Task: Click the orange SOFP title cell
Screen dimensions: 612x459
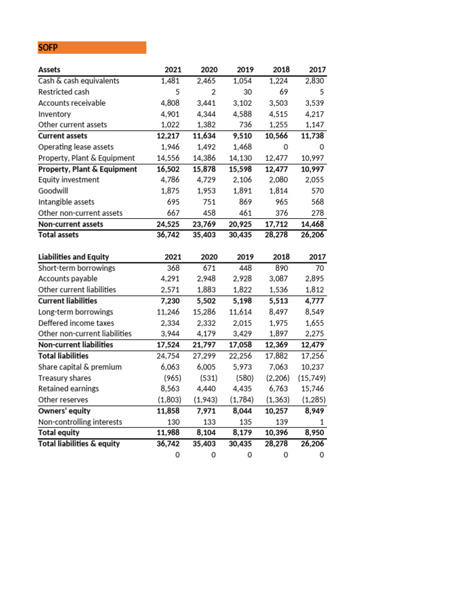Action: pos(91,47)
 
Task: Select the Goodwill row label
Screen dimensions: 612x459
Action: pos(54,191)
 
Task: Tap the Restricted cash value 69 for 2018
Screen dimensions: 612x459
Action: pos(284,91)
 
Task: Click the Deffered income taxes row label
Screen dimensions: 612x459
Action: pos(76,323)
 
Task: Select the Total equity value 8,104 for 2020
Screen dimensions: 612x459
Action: pos(206,433)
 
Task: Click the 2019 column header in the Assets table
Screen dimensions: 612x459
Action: pos(245,69)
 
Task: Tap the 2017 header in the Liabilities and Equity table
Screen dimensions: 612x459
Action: pos(317,257)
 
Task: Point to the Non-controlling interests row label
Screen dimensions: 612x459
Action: pos(79,422)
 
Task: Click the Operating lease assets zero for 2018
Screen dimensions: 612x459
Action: pos(287,146)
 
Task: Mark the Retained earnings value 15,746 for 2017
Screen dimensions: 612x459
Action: pos(313,389)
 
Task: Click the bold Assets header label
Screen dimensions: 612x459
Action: pos(49,69)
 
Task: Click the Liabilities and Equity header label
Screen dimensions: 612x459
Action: pos(74,257)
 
